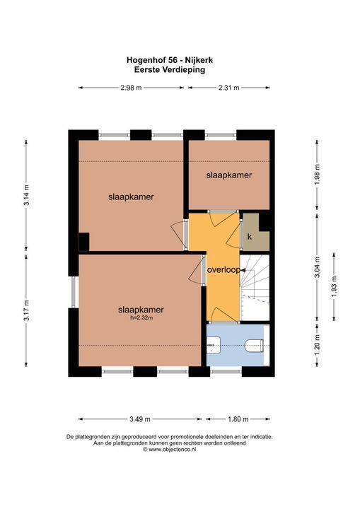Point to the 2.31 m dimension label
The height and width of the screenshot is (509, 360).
coord(228,88)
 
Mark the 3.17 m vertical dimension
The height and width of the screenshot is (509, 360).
coord(26,310)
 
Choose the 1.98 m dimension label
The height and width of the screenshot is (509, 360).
coord(317,173)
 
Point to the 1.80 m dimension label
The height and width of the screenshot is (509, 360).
coord(238,417)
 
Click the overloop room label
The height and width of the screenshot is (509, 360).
coord(223,270)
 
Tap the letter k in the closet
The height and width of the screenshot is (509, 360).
coord(249,238)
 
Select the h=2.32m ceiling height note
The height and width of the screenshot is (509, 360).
coord(141,317)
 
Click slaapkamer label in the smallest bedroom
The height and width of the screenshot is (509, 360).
coord(229,174)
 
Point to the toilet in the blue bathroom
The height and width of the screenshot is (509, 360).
coord(254,344)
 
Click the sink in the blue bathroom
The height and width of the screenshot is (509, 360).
coord(214,344)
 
